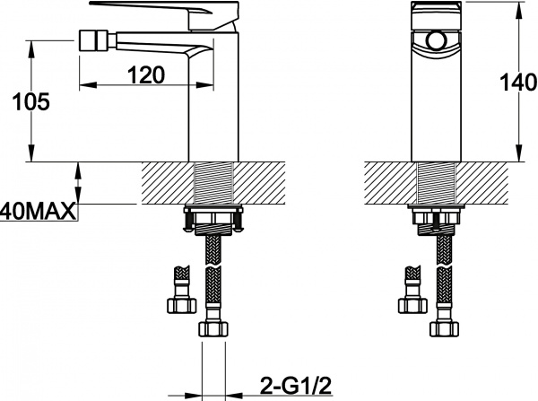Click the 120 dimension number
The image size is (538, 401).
tap(146, 75)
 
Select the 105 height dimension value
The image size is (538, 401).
tap(30, 101)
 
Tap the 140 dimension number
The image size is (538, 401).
tap(518, 83)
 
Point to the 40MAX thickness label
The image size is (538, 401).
tap(38, 212)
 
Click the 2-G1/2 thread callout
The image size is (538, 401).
tap(296, 386)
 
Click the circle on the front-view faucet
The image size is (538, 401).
tap(437, 41)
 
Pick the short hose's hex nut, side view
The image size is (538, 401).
tap(182, 305)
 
